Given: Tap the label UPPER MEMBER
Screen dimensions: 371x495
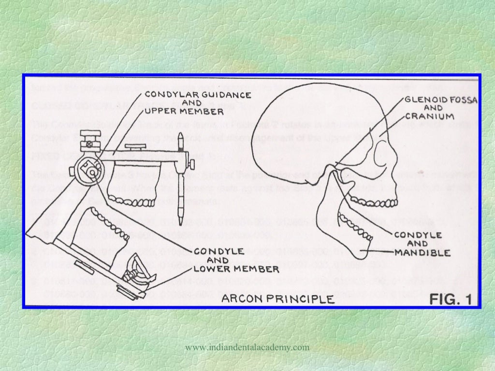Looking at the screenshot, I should click(x=185, y=112).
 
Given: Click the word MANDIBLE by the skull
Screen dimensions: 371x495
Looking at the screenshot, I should click(x=422, y=252).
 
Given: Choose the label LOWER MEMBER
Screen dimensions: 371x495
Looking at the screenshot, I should click(x=236, y=269).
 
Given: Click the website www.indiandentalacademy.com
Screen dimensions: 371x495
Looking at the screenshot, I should click(x=247, y=347).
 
